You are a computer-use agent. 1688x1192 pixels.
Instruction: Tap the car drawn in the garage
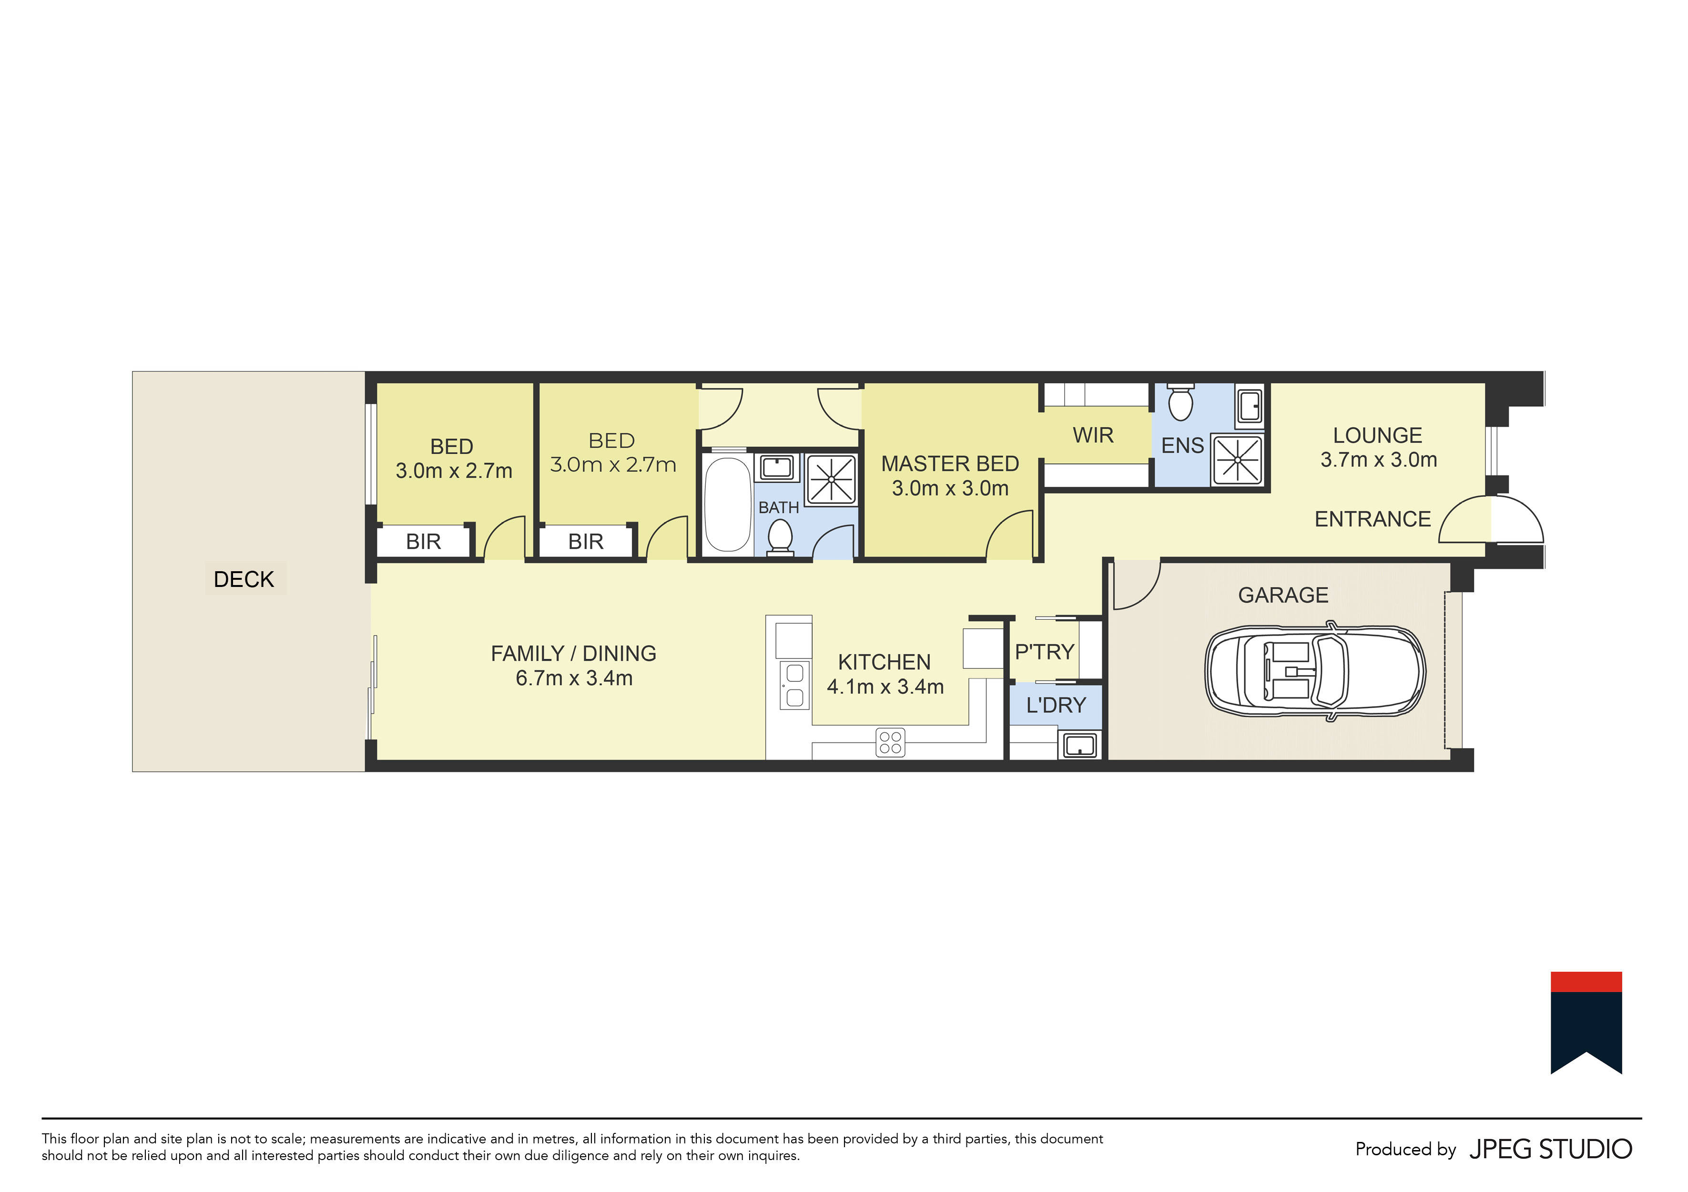1314,671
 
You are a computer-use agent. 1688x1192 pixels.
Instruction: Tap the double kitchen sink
795,685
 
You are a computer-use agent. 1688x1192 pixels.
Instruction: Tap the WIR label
1093,435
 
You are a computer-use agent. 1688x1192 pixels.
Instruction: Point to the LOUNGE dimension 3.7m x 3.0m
1379,460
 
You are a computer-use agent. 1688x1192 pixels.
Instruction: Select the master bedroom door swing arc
1009,534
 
